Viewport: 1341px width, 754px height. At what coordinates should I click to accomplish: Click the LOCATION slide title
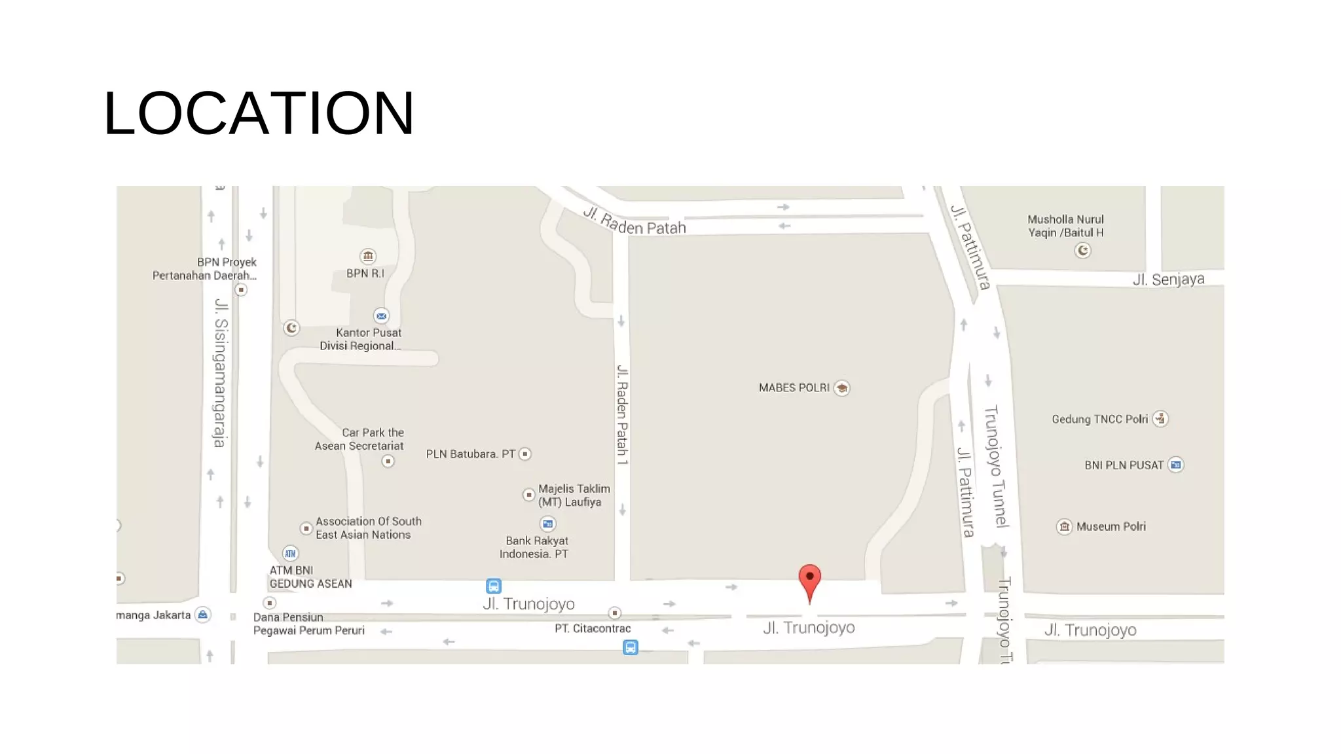tap(259, 113)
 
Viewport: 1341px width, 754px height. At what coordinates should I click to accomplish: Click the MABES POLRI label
tap(794, 387)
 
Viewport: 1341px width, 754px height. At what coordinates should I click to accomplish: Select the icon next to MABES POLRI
tap(842, 388)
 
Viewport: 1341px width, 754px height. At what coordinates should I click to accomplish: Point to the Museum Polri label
tap(1111, 526)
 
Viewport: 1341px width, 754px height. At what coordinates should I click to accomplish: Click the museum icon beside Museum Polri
tap(1065, 526)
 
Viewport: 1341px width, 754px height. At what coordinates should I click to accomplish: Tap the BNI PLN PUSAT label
tap(1124, 465)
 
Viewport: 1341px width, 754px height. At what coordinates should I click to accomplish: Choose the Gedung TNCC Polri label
tap(1099, 420)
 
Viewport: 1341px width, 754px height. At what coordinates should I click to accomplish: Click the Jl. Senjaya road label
tap(1168, 279)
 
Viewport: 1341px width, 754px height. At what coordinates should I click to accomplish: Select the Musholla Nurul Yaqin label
tap(1065, 226)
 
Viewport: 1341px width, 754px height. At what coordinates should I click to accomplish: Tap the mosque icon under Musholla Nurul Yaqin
tap(1083, 251)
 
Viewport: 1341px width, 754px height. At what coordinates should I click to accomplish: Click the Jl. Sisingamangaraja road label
tap(221, 373)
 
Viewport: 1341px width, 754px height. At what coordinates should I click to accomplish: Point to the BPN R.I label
tap(365, 274)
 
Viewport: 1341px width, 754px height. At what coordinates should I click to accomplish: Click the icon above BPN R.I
tap(368, 256)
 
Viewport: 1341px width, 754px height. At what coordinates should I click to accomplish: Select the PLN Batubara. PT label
tap(470, 454)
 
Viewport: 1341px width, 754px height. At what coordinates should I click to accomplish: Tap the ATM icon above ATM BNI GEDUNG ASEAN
tap(290, 554)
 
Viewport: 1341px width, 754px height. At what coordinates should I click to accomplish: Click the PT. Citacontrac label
tap(593, 628)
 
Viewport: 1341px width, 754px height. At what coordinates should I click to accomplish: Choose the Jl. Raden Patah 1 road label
tap(622, 415)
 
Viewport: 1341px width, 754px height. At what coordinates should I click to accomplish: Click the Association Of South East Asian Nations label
tap(368, 528)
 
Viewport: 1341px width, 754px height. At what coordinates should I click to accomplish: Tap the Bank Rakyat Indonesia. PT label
tap(536, 547)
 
